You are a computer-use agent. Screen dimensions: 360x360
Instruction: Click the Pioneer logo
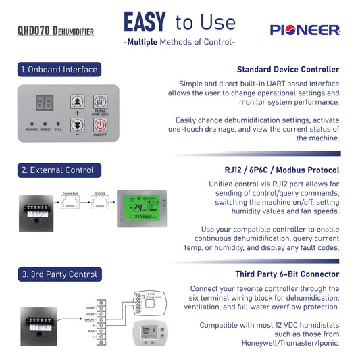point(305,30)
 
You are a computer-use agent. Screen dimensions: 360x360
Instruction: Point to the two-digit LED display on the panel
point(45,103)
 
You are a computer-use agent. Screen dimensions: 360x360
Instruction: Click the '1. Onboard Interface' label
point(59,69)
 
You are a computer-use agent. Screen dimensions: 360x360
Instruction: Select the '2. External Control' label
point(57,170)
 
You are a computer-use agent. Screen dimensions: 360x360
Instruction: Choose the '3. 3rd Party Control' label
point(59,274)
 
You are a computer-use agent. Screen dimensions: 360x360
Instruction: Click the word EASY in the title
point(145,22)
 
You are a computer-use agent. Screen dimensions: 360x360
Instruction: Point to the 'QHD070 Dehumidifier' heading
point(55,31)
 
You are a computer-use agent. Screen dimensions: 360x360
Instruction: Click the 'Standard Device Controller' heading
point(288,69)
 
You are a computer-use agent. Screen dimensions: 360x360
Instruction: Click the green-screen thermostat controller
point(141,206)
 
